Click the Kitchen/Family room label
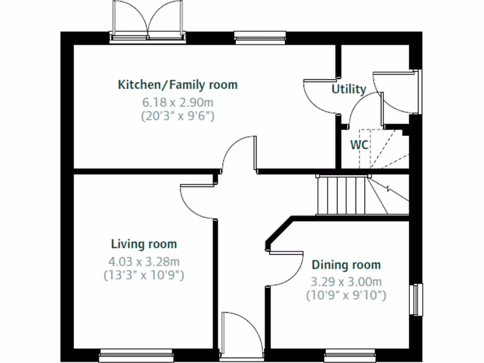click(177, 85)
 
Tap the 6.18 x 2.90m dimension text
click(177, 102)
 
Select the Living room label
click(144, 244)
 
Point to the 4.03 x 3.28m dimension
click(144, 261)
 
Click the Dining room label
click(346, 265)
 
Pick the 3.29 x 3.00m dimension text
click(346, 282)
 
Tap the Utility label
click(349, 89)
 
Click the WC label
click(359, 145)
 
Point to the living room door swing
click(199, 201)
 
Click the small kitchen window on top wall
click(260, 36)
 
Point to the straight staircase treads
click(341, 194)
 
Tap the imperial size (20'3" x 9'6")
click(177, 115)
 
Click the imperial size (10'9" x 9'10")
click(346, 296)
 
